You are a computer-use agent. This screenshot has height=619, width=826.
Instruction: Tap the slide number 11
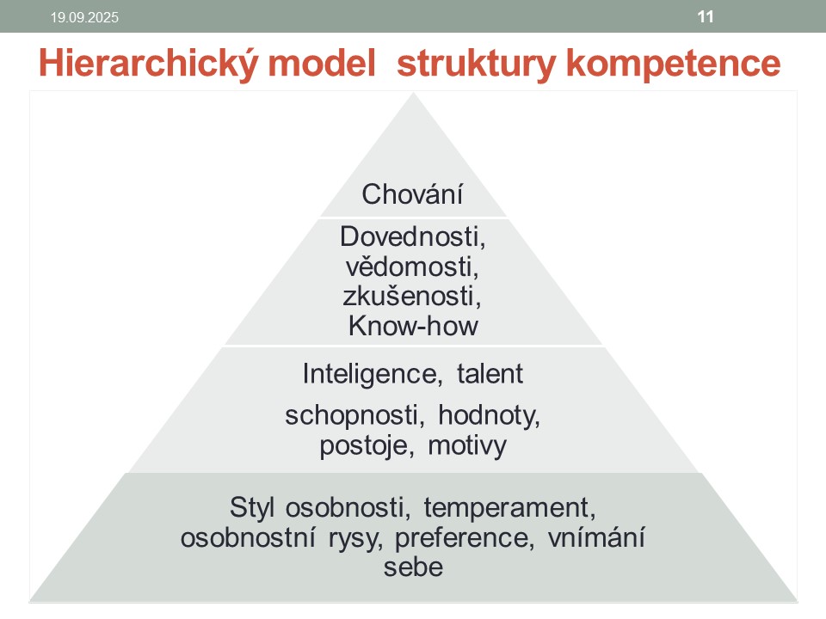(x=705, y=15)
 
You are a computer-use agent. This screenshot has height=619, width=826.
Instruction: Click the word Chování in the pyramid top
(x=413, y=193)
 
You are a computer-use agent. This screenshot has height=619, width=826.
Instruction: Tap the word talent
(x=490, y=374)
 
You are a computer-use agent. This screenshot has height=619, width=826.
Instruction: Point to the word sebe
(x=413, y=567)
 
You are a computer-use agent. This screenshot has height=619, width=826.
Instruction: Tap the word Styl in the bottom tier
(x=253, y=506)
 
